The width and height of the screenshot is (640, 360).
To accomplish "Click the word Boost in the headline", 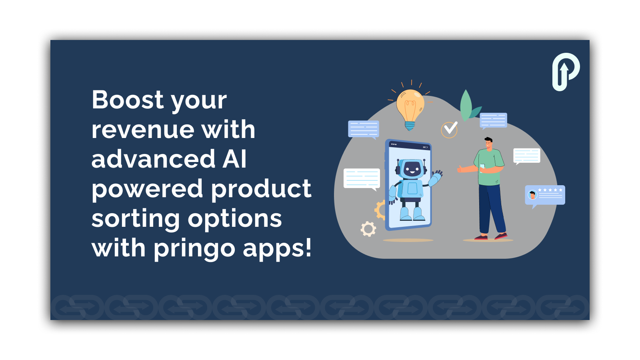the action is [128, 100].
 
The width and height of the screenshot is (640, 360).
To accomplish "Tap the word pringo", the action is [194, 249].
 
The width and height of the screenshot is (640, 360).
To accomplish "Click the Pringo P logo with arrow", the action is [566, 72].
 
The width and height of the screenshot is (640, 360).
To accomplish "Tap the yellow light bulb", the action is [410, 108].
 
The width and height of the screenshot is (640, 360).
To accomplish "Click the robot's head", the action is [411, 169].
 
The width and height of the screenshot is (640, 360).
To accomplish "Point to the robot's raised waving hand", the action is [437, 174].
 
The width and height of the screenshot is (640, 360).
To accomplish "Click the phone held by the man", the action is [482, 168].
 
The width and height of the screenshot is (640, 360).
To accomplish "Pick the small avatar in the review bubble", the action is [532, 195].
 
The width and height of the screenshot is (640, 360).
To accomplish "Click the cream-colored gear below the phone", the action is [368, 229].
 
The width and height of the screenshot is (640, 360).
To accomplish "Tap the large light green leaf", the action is [466, 105].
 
